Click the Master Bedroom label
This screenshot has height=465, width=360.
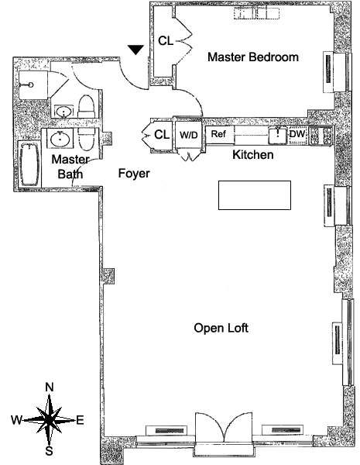click(252, 57)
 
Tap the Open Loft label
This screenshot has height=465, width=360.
click(221, 328)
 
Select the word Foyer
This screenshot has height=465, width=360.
click(134, 174)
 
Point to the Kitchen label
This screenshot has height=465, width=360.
click(252, 154)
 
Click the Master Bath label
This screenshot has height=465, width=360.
click(70, 167)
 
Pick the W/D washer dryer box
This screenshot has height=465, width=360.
click(189, 135)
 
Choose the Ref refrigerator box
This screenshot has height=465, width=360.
click(220, 135)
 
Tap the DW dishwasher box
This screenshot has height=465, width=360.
click(297, 135)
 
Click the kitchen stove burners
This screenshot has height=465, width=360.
click(321, 135)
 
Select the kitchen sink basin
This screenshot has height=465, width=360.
click(278, 135)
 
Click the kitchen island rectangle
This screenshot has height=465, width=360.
click(255, 195)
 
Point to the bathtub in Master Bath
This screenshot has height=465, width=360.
click(29, 164)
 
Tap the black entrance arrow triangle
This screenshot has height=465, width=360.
click(135, 50)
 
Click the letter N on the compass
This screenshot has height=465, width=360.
click(50, 387)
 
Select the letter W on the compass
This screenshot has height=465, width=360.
click(16, 420)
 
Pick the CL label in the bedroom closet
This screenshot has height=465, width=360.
click(166, 40)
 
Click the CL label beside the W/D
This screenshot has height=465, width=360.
click(162, 134)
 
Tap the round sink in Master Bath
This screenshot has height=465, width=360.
click(60, 138)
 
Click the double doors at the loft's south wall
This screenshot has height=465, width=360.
click(224, 427)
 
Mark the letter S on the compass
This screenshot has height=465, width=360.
click(49, 451)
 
